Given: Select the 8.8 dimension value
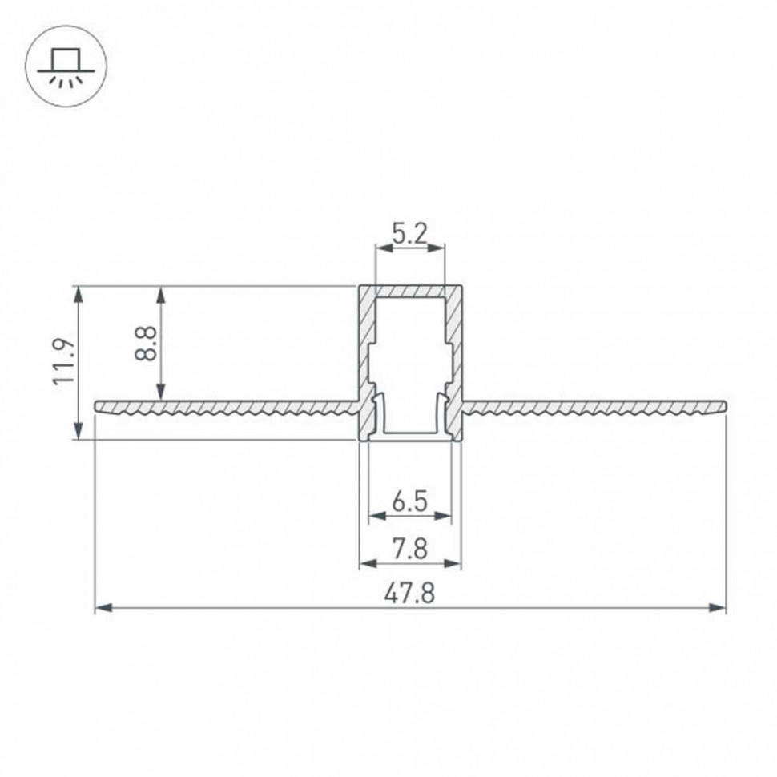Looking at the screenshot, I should coord(146,342).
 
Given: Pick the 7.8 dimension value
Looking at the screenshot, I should coord(409,550).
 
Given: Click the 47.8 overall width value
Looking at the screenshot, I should coord(409,595).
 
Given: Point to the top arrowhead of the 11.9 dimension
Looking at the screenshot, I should coord(78,293).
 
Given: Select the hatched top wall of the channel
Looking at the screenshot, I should coord(409,290).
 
